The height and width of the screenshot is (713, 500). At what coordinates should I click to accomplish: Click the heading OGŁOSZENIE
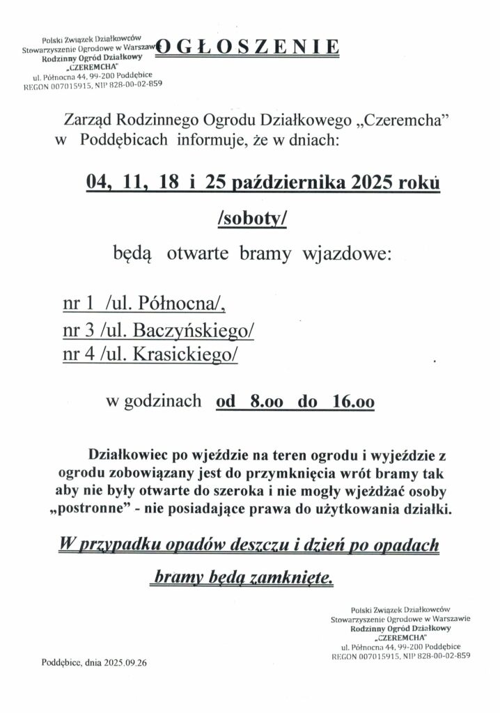click(247, 48)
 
